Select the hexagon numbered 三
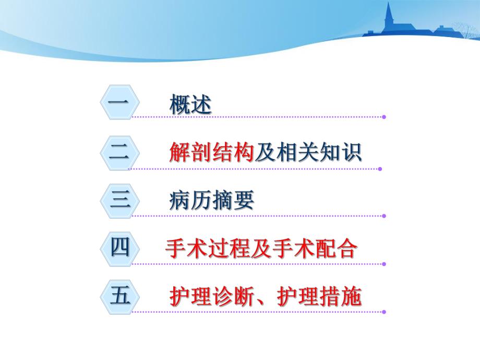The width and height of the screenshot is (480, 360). (119, 201)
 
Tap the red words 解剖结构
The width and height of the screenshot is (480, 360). (212, 153)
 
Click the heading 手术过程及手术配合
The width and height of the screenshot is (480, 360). (261, 249)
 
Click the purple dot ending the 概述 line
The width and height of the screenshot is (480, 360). (384, 117)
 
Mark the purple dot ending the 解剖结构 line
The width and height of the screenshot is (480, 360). (380, 169)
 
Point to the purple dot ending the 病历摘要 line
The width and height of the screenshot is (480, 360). (384, 215)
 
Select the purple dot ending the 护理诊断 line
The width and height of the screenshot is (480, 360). (384, 312)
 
